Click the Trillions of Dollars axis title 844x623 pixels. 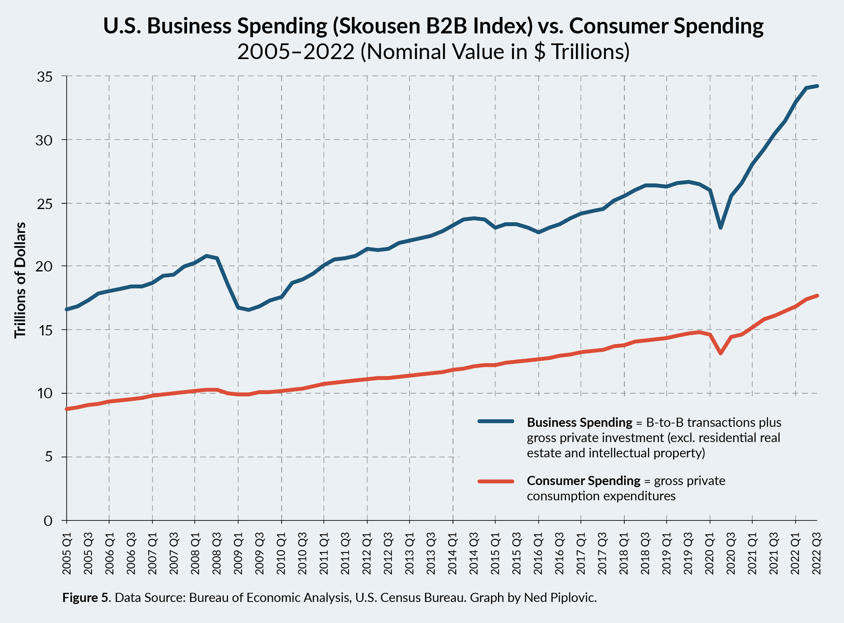point(20,280)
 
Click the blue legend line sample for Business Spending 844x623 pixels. point(495,421)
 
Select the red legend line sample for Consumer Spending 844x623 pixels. point(495,481)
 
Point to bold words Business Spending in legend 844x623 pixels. point(579,423)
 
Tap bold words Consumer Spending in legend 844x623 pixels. point(584,481)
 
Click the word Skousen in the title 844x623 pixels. point(376,26)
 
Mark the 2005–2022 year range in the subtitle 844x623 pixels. point(295,52)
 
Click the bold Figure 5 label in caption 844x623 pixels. point(86,598)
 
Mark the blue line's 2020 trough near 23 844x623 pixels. point(720,228)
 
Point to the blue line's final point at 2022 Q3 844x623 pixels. point(817,86)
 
